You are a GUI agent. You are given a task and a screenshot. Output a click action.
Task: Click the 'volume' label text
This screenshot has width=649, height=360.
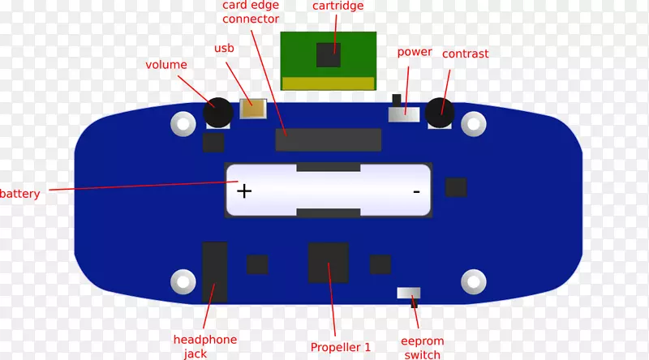tap(166, 65)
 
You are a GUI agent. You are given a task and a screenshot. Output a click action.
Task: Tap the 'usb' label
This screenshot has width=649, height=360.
tap(224, 49)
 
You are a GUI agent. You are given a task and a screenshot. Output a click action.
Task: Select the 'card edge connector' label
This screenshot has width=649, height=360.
tap(251, 12)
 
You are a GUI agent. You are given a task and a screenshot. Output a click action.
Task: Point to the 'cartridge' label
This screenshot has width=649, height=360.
tap(337, 6)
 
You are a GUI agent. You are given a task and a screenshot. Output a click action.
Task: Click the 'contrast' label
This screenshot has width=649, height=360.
tap(465, 54)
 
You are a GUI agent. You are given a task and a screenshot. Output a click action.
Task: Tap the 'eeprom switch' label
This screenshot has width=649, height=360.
tap(422, 348)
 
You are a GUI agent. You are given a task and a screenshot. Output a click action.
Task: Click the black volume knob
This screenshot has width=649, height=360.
tap(218, 113)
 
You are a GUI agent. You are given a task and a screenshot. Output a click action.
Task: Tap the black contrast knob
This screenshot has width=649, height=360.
tap(439, 111)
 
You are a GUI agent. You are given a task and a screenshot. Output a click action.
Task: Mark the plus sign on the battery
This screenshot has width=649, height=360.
tap(244, 191)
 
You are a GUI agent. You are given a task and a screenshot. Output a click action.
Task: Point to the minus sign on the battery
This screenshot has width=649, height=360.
tap(416, 191)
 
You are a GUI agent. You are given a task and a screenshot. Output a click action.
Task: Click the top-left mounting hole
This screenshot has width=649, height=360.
tap(183, 124)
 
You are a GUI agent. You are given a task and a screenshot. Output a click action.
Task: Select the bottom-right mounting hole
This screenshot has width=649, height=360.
tap(473, 281)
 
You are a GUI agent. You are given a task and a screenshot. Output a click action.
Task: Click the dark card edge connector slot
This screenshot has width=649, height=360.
tap(329, 139)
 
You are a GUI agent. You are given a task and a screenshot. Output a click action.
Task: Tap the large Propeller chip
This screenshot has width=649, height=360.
tap(329, 263)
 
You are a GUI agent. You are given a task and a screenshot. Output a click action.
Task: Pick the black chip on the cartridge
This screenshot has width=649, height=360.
tap(329, 54)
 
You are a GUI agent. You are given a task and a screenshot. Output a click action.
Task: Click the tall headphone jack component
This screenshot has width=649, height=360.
tap(214, 272)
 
